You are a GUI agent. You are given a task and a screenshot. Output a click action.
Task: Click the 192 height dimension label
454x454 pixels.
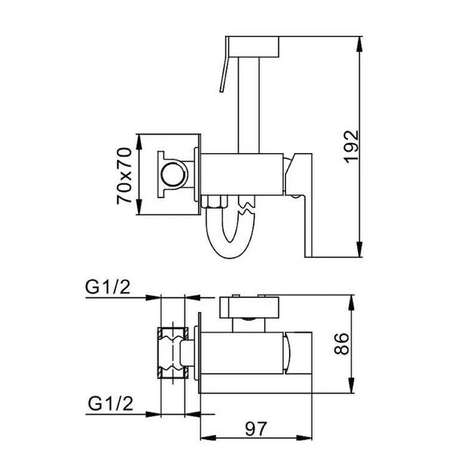click(352, 147)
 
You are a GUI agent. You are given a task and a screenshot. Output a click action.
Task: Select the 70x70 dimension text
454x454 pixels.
click(124, 176)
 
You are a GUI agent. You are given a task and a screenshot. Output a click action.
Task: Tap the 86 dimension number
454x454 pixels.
click(342, 343)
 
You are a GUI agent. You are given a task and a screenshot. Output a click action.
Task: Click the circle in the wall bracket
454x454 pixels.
click(174, 174)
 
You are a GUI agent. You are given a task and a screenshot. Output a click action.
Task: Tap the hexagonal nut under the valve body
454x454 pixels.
click(214, 201)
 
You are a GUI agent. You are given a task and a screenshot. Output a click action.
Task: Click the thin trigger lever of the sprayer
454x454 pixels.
click(224, 74)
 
